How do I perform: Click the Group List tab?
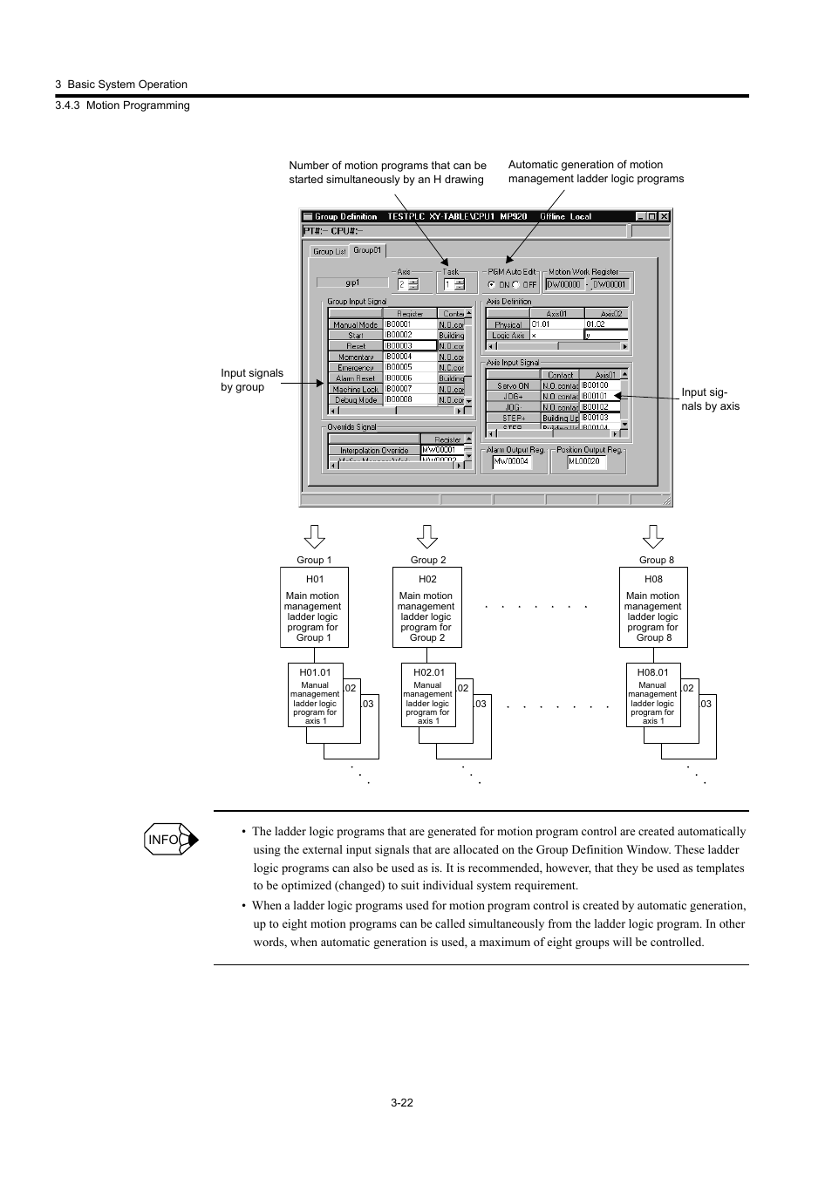(329, 251)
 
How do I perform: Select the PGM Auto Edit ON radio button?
(492, 284)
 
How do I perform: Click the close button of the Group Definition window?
(664, 216)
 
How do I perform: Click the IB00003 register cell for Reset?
(409, 346)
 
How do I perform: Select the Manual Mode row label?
(355, 324)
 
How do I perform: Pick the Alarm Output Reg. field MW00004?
(512, 462)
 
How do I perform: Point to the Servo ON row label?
(513, 385)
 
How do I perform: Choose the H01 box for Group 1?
(314, 608)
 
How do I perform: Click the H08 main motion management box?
(653, 608)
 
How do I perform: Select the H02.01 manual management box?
(427, 695)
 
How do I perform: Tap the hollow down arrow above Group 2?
(427, 536)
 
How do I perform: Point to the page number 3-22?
(402, 1102)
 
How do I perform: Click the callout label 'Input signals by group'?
(252, 380)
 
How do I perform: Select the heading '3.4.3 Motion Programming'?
(122, 106)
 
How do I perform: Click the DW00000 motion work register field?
(563, 284)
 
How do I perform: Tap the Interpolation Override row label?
(374, 451)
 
